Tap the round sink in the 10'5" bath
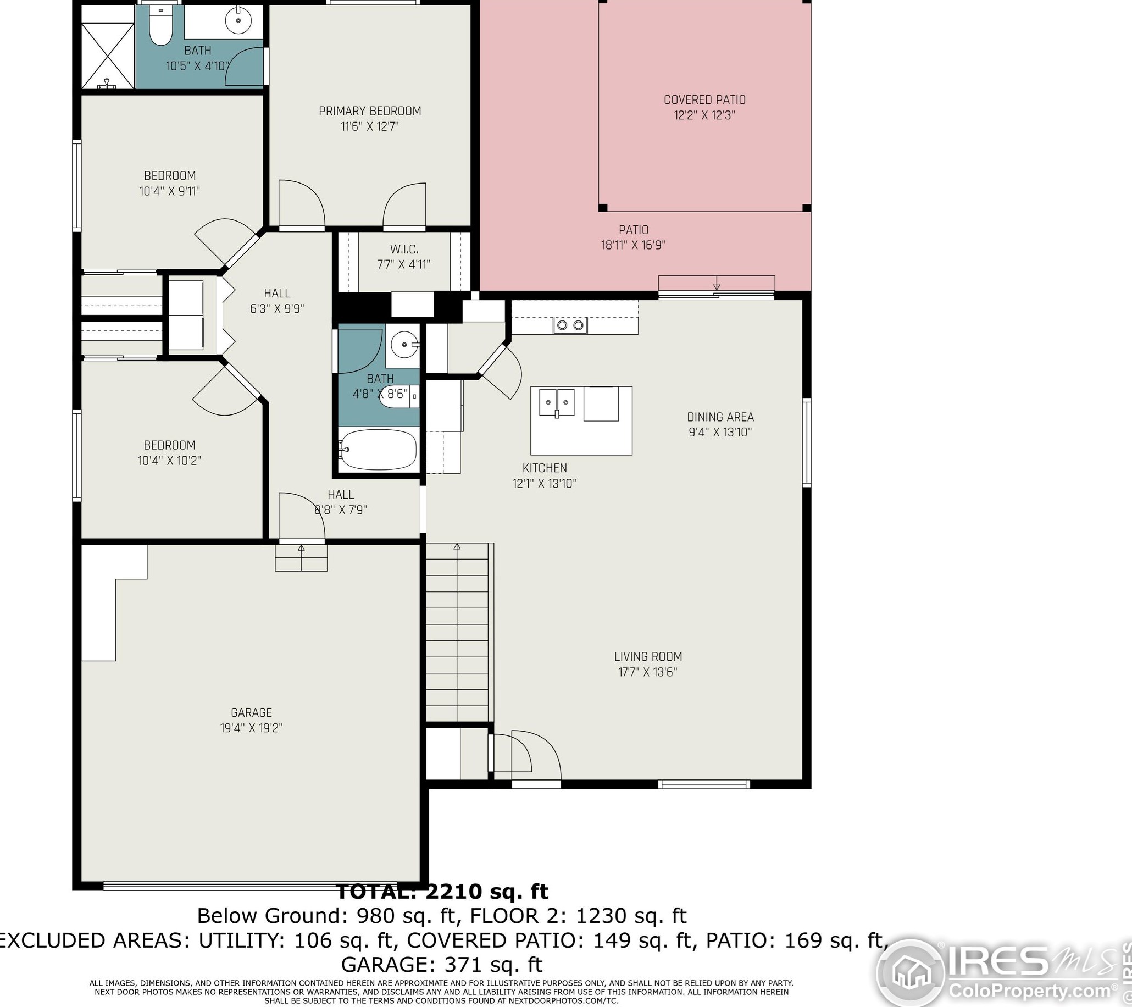[238, 21]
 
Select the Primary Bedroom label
[370, 112]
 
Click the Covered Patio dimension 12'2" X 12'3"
[704, 115]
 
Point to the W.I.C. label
[404, 249]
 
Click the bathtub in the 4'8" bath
[378, 449]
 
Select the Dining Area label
[720, 417]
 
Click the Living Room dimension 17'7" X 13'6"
[648, 672]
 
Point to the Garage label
[252, 712]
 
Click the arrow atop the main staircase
[457, 547]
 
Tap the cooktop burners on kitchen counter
[570, 325]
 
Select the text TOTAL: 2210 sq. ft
[442, 891]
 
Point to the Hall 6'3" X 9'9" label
[277, 301]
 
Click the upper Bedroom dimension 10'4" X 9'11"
[169, 192]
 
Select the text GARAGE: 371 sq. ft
[441, 964]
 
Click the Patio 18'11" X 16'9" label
[634, 237]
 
